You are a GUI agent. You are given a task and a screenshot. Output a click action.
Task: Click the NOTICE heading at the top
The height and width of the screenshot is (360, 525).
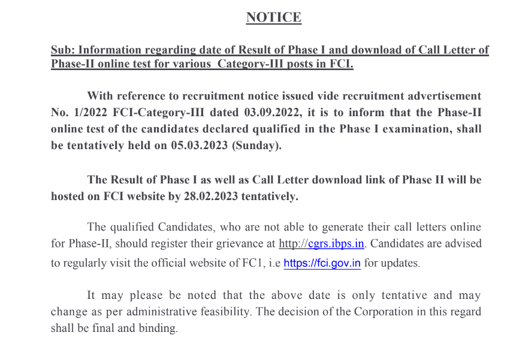pyautogui.click(x=273, y=17)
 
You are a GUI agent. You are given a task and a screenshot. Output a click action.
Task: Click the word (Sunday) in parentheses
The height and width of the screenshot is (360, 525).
pyautogui.click(x=256, y=145)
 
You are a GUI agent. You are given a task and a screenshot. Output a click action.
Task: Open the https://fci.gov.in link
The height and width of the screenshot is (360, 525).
pyautogui.click(x=322, y=263)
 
